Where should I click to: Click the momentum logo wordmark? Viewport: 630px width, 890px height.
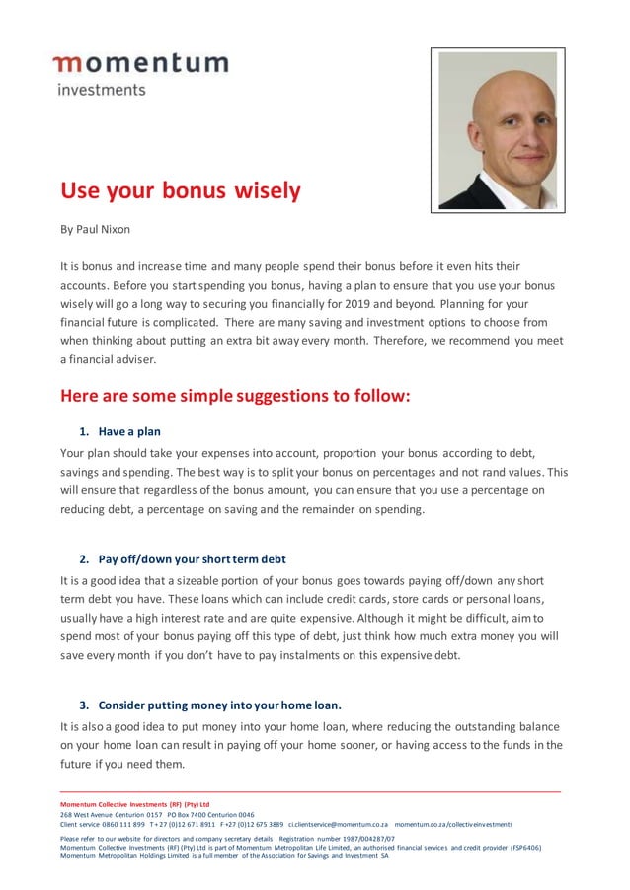pos(140,64)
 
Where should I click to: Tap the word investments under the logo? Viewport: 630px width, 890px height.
pos(101,90)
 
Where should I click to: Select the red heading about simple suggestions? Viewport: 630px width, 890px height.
pos(235,397)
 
